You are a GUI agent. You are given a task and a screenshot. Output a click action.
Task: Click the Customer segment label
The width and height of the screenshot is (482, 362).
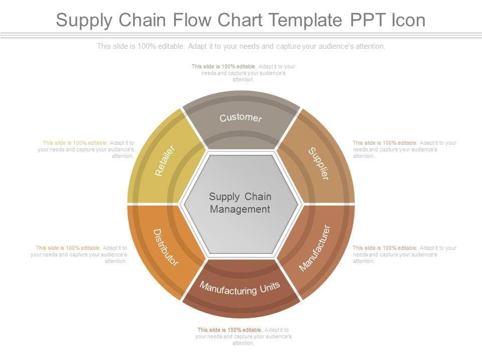[x=240, y=118]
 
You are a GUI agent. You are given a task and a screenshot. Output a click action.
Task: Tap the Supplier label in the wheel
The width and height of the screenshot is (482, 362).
[x=318, y=163]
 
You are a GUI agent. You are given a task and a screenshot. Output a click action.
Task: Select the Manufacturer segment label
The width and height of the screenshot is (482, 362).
[x=315, y=248]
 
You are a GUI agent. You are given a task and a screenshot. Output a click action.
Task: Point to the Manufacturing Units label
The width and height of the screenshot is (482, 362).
[x=240, y=288]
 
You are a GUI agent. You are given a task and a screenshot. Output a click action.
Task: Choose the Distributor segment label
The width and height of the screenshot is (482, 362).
[x=165, y=247]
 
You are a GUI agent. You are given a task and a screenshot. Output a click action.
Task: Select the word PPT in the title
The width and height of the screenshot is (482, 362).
[x=364, y=20]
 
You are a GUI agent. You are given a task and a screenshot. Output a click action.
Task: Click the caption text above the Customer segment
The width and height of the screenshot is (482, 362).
[x=244, y=73]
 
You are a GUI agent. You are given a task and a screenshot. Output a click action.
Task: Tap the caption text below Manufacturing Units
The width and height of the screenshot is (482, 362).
[x=244, y=336]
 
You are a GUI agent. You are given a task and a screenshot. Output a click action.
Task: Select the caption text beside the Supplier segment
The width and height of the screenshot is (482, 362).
[x=404, y=149]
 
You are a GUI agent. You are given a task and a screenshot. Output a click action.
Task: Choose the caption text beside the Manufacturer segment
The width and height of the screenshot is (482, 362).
[x=404, y=254]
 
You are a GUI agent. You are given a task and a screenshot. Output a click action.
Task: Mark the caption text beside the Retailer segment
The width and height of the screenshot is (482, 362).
[x=86, y=149]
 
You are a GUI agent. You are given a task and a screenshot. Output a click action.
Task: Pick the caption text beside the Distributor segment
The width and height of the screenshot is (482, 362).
[x=79, y=254]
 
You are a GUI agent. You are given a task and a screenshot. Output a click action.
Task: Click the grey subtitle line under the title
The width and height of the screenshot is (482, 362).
[x=241, y=46]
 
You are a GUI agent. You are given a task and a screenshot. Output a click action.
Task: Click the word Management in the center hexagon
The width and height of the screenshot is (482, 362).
[x=240, y=209]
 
